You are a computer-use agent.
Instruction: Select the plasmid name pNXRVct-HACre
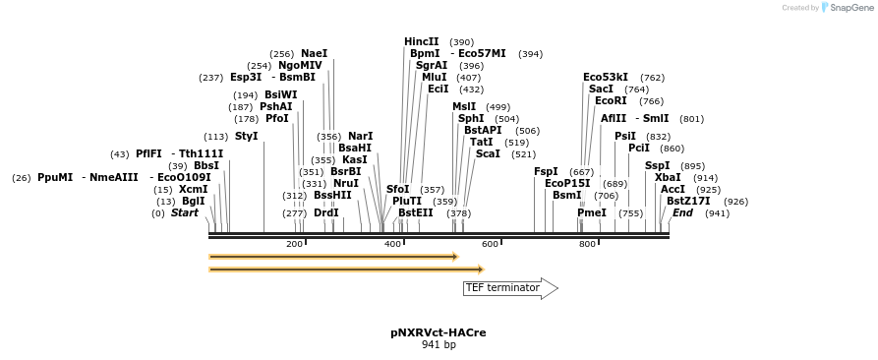(438, 332)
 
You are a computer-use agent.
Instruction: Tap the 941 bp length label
(439, 345)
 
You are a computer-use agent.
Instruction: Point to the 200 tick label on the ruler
(294, 244)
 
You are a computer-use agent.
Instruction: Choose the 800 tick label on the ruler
(587, 244)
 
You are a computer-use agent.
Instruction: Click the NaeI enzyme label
(314, 54)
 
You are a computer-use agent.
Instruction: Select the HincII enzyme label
(422, 41)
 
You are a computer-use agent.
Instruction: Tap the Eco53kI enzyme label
(606, 77)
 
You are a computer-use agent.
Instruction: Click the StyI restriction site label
(246, 136)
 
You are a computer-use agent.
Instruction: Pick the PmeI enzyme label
(592, 212)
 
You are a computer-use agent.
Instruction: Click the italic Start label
(185, 212)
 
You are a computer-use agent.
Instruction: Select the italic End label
(682, 212)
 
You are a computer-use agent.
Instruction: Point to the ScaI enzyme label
(488, 153)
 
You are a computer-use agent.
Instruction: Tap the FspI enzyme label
(546, 171)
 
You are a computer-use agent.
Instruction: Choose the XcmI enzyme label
(194, 189)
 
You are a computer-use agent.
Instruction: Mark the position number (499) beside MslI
(498, 107)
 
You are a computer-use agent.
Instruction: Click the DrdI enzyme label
(326, 212)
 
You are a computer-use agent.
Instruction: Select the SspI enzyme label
(657, 165)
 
